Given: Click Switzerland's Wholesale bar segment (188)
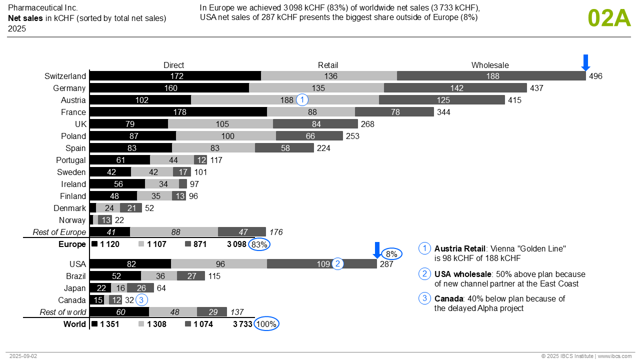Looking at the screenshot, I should (x=491, y=76).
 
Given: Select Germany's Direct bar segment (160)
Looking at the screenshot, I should (x=169, y=88).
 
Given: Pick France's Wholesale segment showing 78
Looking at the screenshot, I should (x=394, y=112).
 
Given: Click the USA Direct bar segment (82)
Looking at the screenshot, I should (x=131, y=264).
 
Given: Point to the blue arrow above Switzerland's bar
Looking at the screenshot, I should (x=586, y=62).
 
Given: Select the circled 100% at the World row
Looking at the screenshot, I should (x=266, y=324).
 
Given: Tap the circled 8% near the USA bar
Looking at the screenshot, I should (x=391, y=254).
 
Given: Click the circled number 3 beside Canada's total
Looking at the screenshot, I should (x=142, y=300).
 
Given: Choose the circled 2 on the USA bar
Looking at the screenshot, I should (x=338, y=264).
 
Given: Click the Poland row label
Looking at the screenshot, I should (x=73, y=136).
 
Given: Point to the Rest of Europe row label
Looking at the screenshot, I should (x=59, y=232).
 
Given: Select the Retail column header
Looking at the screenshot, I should (x=328, y=65).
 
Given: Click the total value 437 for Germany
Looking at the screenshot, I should (x=536, y=88).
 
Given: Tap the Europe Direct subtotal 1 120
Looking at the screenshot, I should (x=110, y=244).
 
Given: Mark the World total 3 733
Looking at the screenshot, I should (x=242, y=324).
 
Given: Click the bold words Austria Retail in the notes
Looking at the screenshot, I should (x=459, y=248).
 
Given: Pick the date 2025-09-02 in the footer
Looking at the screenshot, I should (x=23, y=356).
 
